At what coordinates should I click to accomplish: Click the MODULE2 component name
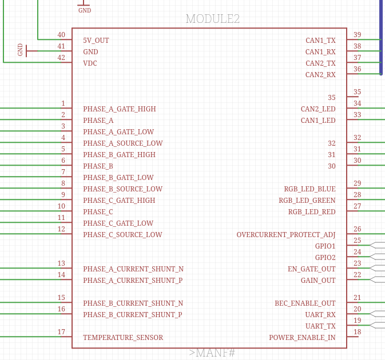click(x=213, y=19)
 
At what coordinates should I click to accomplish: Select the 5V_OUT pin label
click(x=96, y=41)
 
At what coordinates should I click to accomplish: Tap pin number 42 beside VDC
click(x=61, y=58)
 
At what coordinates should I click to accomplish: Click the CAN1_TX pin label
click(x=320, y=41)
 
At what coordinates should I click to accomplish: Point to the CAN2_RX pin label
click(x=320, y=75)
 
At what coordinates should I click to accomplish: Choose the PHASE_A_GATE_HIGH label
click(x=120, y=109)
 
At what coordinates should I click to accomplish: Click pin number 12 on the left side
click(x=61, y=229)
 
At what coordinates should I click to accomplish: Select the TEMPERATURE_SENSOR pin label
click(x=123, y=338)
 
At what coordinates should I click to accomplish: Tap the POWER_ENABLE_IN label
click(x=302, y=338)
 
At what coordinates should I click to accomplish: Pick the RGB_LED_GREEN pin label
click(x=307, y=201)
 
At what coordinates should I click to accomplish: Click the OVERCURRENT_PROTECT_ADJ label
click(x=286, y=235)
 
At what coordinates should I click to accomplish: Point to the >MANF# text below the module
click(x=212, y=353)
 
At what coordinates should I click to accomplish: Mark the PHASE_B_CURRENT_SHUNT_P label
click(x=133, y=315)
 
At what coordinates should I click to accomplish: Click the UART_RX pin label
click(x=320, y=315)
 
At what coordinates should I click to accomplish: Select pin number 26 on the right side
click(x=358, y=229)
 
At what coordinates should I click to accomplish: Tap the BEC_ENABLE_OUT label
click(x=305, y=303)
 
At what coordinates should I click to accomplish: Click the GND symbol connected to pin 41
click(x=26, y=50)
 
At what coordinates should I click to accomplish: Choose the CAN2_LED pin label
click(x=318, y=109)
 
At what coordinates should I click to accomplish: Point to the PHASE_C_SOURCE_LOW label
click(x=122, y=235)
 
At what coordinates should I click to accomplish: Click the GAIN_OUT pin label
click(x=318, y=281)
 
